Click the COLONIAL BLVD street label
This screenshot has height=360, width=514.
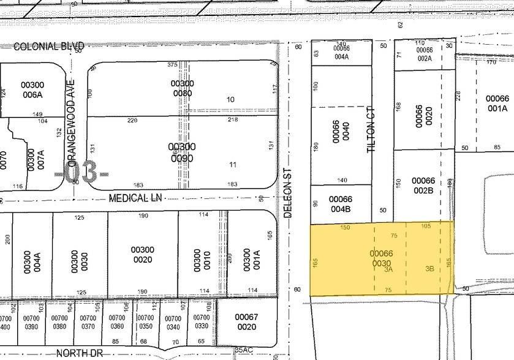click(x=48, y=46)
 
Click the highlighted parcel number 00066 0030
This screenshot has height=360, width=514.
click(x=381, y=258)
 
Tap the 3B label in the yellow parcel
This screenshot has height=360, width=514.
click(x=429, y=268)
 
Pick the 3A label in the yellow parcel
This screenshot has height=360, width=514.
click(x=388, y=268)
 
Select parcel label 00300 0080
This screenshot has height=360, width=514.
click(x=182, y=88)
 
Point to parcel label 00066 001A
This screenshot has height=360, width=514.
click(x=497, y=103)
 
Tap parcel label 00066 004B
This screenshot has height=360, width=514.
click(x=340, y=203)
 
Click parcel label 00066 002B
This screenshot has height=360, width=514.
click(x=423, y=185)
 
